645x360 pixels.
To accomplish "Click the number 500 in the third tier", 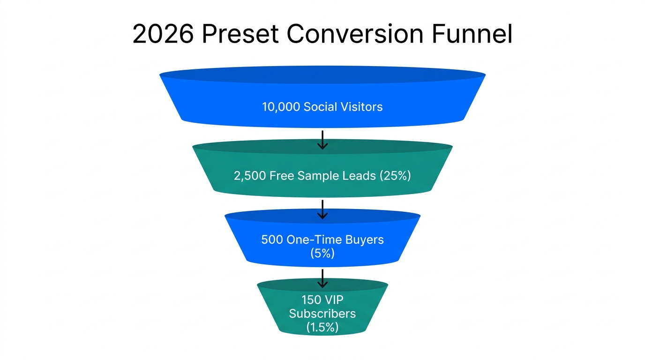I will coord(271,240).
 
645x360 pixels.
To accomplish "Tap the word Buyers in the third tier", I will coord(364,240).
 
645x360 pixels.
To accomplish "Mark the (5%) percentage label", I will coord(322,253).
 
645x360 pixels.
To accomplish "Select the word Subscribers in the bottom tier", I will coord(322,314).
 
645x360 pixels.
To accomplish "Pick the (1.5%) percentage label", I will coord(322,327).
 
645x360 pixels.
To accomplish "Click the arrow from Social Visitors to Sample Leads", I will coord(322,140).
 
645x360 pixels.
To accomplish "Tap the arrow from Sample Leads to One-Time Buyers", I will coord(322,209).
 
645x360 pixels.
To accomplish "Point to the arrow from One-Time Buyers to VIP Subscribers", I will coord(322,278).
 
